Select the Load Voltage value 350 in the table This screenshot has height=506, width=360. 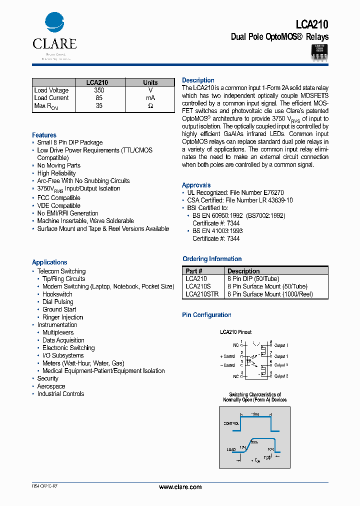point(99,90)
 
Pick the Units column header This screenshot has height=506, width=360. point(150,83)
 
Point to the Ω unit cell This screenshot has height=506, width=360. point(150,106)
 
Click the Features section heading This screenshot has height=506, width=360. point(44,135)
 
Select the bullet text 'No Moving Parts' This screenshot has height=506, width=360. point(58,165)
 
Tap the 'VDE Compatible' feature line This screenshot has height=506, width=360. point(58,205)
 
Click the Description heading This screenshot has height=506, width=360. point(198,80)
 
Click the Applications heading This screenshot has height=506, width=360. point(49,262)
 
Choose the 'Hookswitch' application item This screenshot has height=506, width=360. point(57,294)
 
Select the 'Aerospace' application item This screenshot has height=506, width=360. point(51,386)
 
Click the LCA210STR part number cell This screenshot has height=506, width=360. point(201,294)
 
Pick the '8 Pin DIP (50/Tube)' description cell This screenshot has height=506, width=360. point(253,278)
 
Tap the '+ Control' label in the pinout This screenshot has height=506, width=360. point(227,356)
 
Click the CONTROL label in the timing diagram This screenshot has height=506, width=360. point(231,423)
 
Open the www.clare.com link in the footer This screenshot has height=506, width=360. point(180,487)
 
